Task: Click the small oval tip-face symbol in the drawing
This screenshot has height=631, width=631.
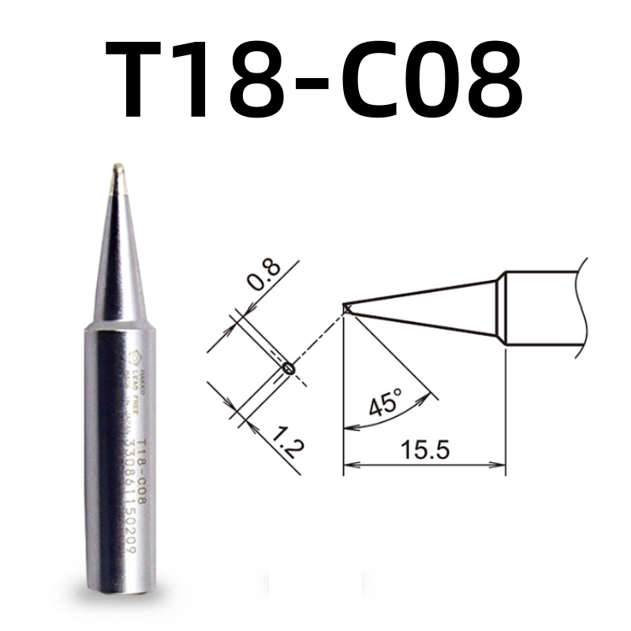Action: tap(287, 367)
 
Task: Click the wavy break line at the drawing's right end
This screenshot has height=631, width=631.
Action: tap(585, 304)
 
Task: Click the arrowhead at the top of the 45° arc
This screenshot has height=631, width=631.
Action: tap(431, 392)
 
